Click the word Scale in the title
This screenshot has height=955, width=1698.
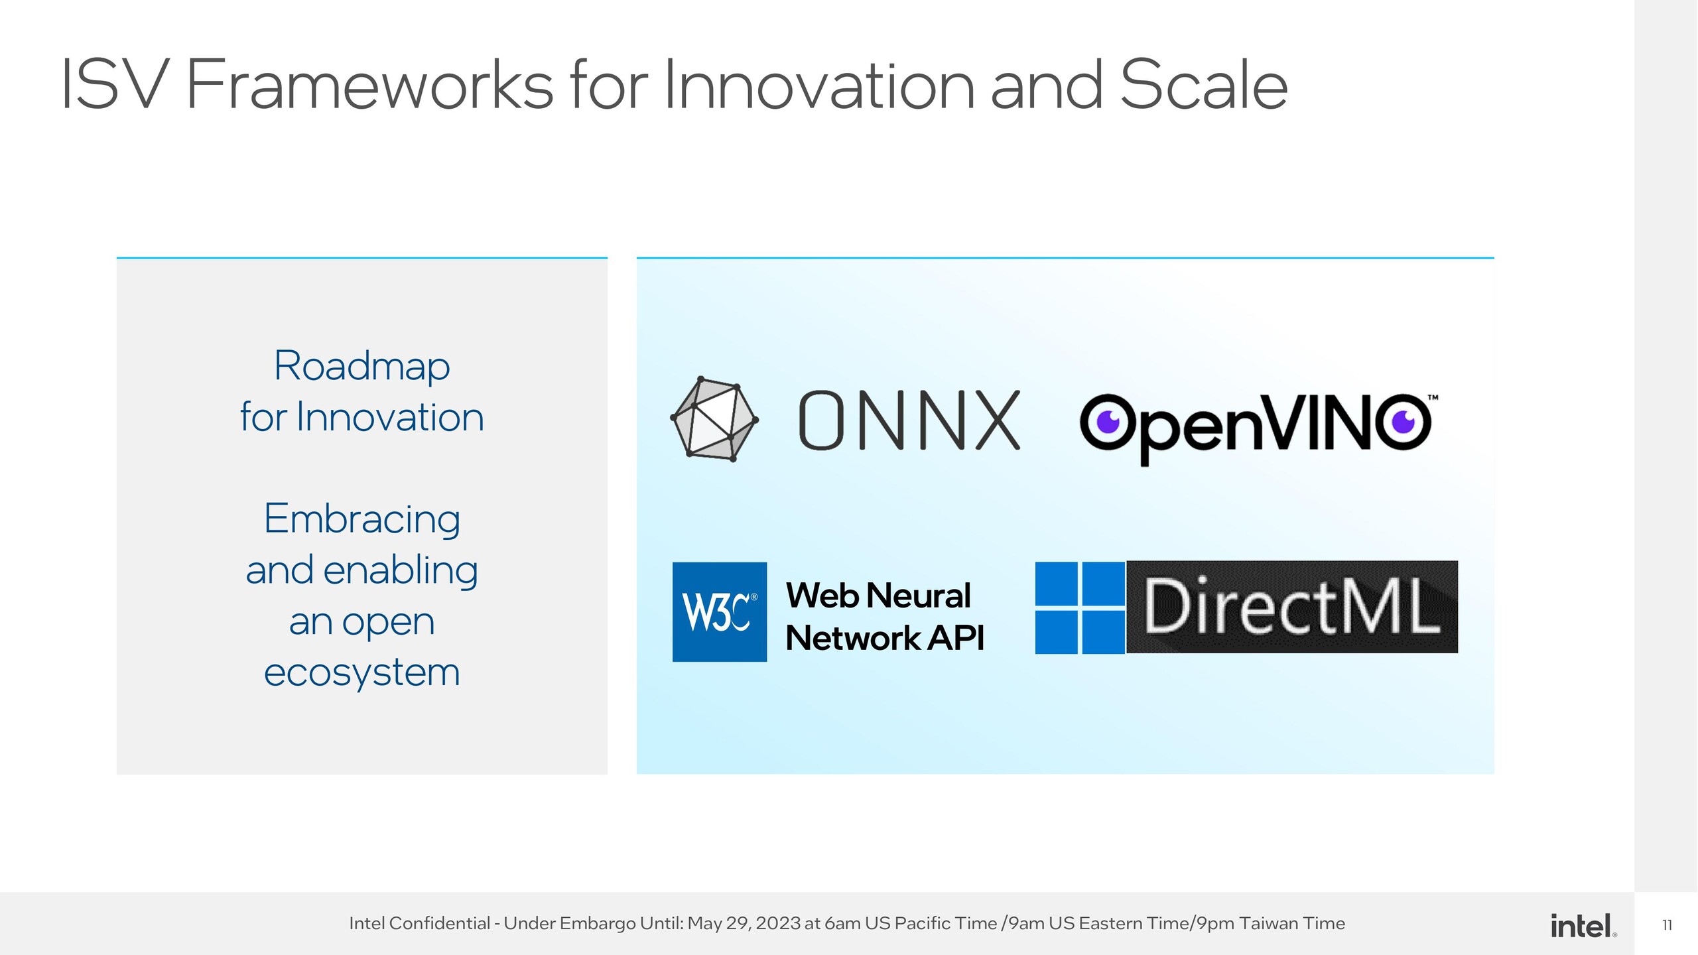[1203, 85]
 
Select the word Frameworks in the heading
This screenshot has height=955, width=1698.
[369, 85]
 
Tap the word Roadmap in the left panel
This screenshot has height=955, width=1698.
[361, 366]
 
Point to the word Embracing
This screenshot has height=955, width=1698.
[361, 519]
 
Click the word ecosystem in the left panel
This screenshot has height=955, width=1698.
[361, 672]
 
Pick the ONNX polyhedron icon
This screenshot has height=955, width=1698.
[714, 419]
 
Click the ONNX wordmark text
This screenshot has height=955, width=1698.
[909, 420]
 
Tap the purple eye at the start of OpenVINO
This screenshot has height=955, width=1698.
[1108, 422]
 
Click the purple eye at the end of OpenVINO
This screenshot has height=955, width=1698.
[1403, 422]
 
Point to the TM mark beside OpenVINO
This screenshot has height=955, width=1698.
[1433, 398]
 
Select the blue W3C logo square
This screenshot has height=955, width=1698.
[720, 611]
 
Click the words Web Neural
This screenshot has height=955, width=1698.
[878, 595]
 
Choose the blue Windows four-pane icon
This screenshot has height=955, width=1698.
[1079, 607]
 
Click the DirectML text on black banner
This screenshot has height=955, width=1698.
[1291, 606]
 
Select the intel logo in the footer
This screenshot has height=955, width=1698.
[1582, 925]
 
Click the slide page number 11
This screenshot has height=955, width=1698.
[1667, 925]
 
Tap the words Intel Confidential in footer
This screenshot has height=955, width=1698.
[419, 923]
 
